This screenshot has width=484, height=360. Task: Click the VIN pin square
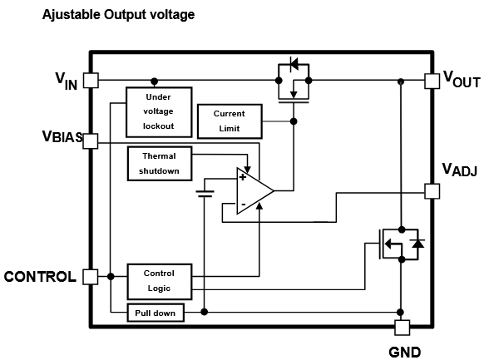(91, 81)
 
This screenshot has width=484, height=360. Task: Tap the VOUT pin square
(432, 81)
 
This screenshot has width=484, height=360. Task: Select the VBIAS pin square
(91, 141)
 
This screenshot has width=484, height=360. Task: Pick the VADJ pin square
(432, 191)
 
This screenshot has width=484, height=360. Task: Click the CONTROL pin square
(91, 277)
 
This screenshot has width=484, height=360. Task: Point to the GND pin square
(403, 328)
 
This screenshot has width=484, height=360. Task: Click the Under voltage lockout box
(159, 112)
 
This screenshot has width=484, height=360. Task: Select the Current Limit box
(230, 121)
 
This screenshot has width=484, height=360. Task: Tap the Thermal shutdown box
(160, 164)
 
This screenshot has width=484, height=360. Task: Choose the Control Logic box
(160, 281)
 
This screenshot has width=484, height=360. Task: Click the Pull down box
(156, 313)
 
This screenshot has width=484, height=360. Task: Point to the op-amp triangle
(255, 191)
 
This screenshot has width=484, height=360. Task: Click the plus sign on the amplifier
(243, 177)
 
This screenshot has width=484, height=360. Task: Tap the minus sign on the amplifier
(243, 205)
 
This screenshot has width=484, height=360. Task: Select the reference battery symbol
(205, 194)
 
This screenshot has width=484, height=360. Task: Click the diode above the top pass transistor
(294, 65)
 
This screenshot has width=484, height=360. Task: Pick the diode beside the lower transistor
(418, 244)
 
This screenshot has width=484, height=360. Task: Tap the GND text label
(405, 352)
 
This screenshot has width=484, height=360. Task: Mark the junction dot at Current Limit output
(294, 121)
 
